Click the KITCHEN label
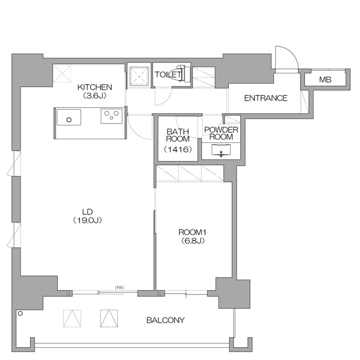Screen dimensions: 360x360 pyautogui.click(x=95, y=87)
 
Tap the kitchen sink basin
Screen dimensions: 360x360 pyautogui.click(x=69, y=118)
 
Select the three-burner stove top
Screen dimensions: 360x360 pyautogui.click(x=111, y=116)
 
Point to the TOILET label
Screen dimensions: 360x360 pyautogui.click(x=168, y=75)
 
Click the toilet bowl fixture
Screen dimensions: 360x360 pyautogui.click(x=183, y=74)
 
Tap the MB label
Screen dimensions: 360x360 pyautogui.click(x=325, y=79)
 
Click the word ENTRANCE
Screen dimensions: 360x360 pyautogui.click(x=266, y=98)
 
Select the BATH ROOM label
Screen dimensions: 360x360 pyautogui.click(x=178, y=135)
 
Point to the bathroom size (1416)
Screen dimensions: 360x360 pyautogui.click(x=178, y=150)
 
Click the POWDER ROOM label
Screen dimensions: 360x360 pyautogui.click(x=221, y=133)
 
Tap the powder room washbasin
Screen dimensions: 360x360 pyautogui.click(x=221, y=150)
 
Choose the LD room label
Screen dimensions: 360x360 pyautogui.click(x=87, y=212)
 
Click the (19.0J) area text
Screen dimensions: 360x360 pyautogui.click(x=87, y=220)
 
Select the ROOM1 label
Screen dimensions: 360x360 pyautogui.click(x=192, y=232)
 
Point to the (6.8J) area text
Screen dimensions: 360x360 pyautogui.click(x=192, y=241)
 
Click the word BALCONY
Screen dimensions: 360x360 pyautogui.click(x=166, y=320)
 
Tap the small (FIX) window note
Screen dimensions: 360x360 pyautogui.click(x=120, y=287)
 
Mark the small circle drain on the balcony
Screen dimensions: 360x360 pyautogui.click(x=21, y=313)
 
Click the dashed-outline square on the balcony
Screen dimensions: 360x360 pyautogui.click(x=109, y=318)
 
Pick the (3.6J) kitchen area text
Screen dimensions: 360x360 pyautogui.click(x=95, y=95)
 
